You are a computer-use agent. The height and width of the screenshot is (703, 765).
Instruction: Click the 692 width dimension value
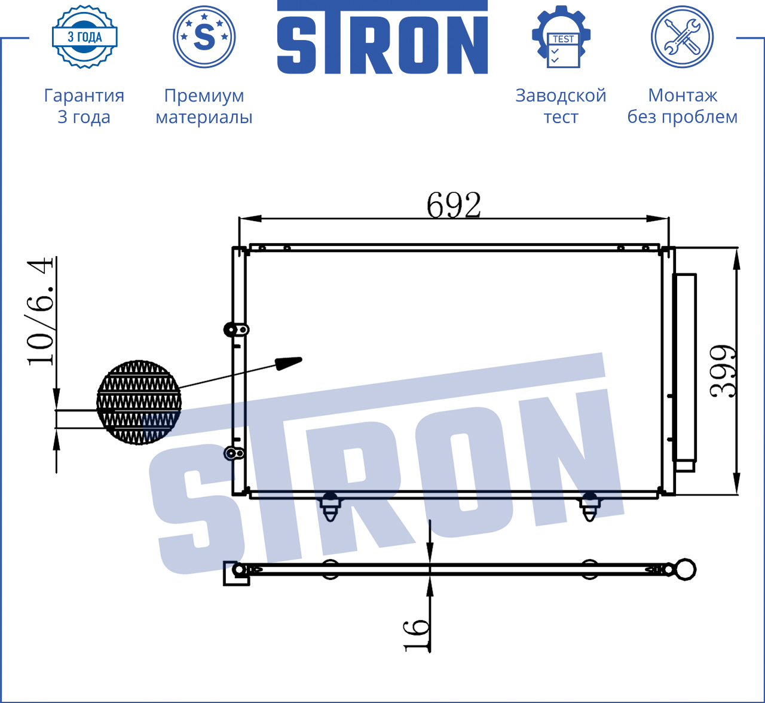[454, 205]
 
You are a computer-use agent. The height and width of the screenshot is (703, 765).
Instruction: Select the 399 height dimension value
[723, 372]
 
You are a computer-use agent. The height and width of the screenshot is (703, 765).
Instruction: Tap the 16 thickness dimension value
[416, 636]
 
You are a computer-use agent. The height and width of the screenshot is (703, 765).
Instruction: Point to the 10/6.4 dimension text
[41, 311]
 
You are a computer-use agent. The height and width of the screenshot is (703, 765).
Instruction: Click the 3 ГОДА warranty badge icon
[85, 37]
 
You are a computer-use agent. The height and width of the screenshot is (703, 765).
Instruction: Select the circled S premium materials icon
[204, 37]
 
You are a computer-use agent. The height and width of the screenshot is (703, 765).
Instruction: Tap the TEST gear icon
[561, 37]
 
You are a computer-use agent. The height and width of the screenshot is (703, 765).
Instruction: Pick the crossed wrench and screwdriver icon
[683, 37]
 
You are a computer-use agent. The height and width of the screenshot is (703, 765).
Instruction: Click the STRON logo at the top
[382, 37]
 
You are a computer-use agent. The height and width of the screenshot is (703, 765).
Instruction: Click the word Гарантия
[84, 96]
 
